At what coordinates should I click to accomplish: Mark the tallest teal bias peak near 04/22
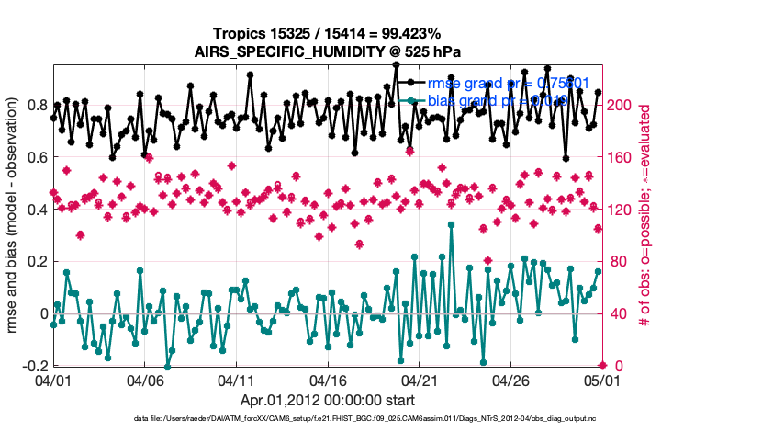451,223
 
